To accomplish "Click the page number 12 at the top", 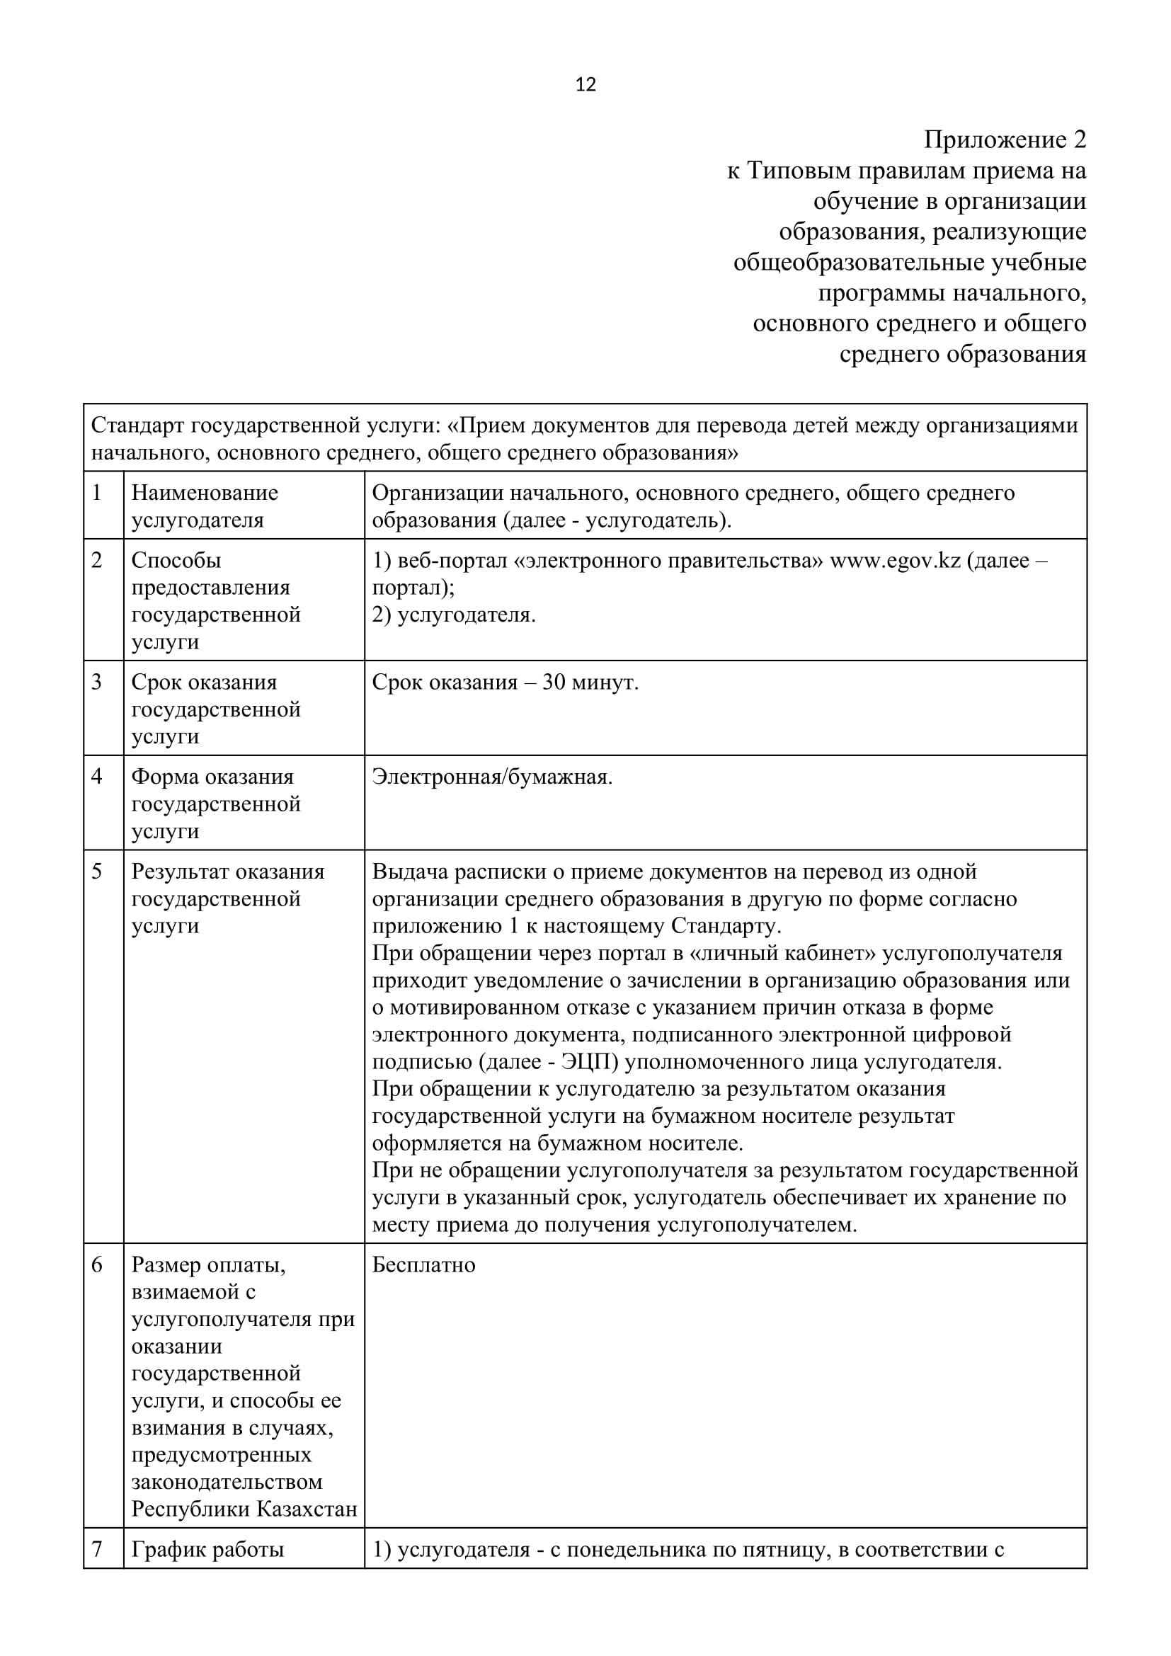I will point(585,85).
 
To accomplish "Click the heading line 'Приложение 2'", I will point(1005,139).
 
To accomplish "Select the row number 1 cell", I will point(103,505).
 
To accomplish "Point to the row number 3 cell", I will point(103,707).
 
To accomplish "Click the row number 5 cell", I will point(103,1046).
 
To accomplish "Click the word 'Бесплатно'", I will point(424,1265).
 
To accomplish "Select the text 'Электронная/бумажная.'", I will point(492,777).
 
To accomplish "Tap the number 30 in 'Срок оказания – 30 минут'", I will point(554,683).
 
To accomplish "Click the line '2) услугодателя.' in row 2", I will point(454,615).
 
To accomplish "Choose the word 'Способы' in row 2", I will point(176,561).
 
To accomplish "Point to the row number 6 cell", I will point(103,1385).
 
